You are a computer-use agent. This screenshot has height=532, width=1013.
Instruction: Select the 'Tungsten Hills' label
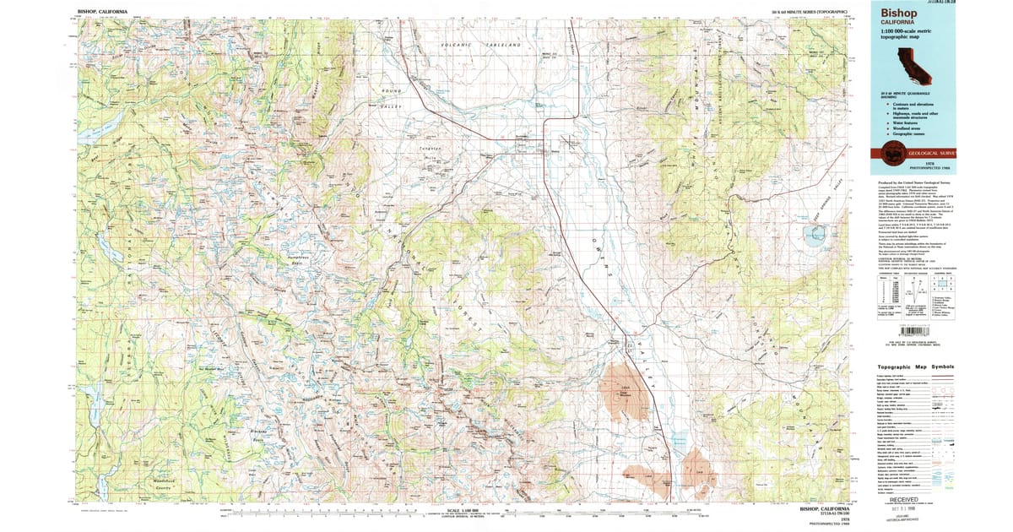click(431, 153)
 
